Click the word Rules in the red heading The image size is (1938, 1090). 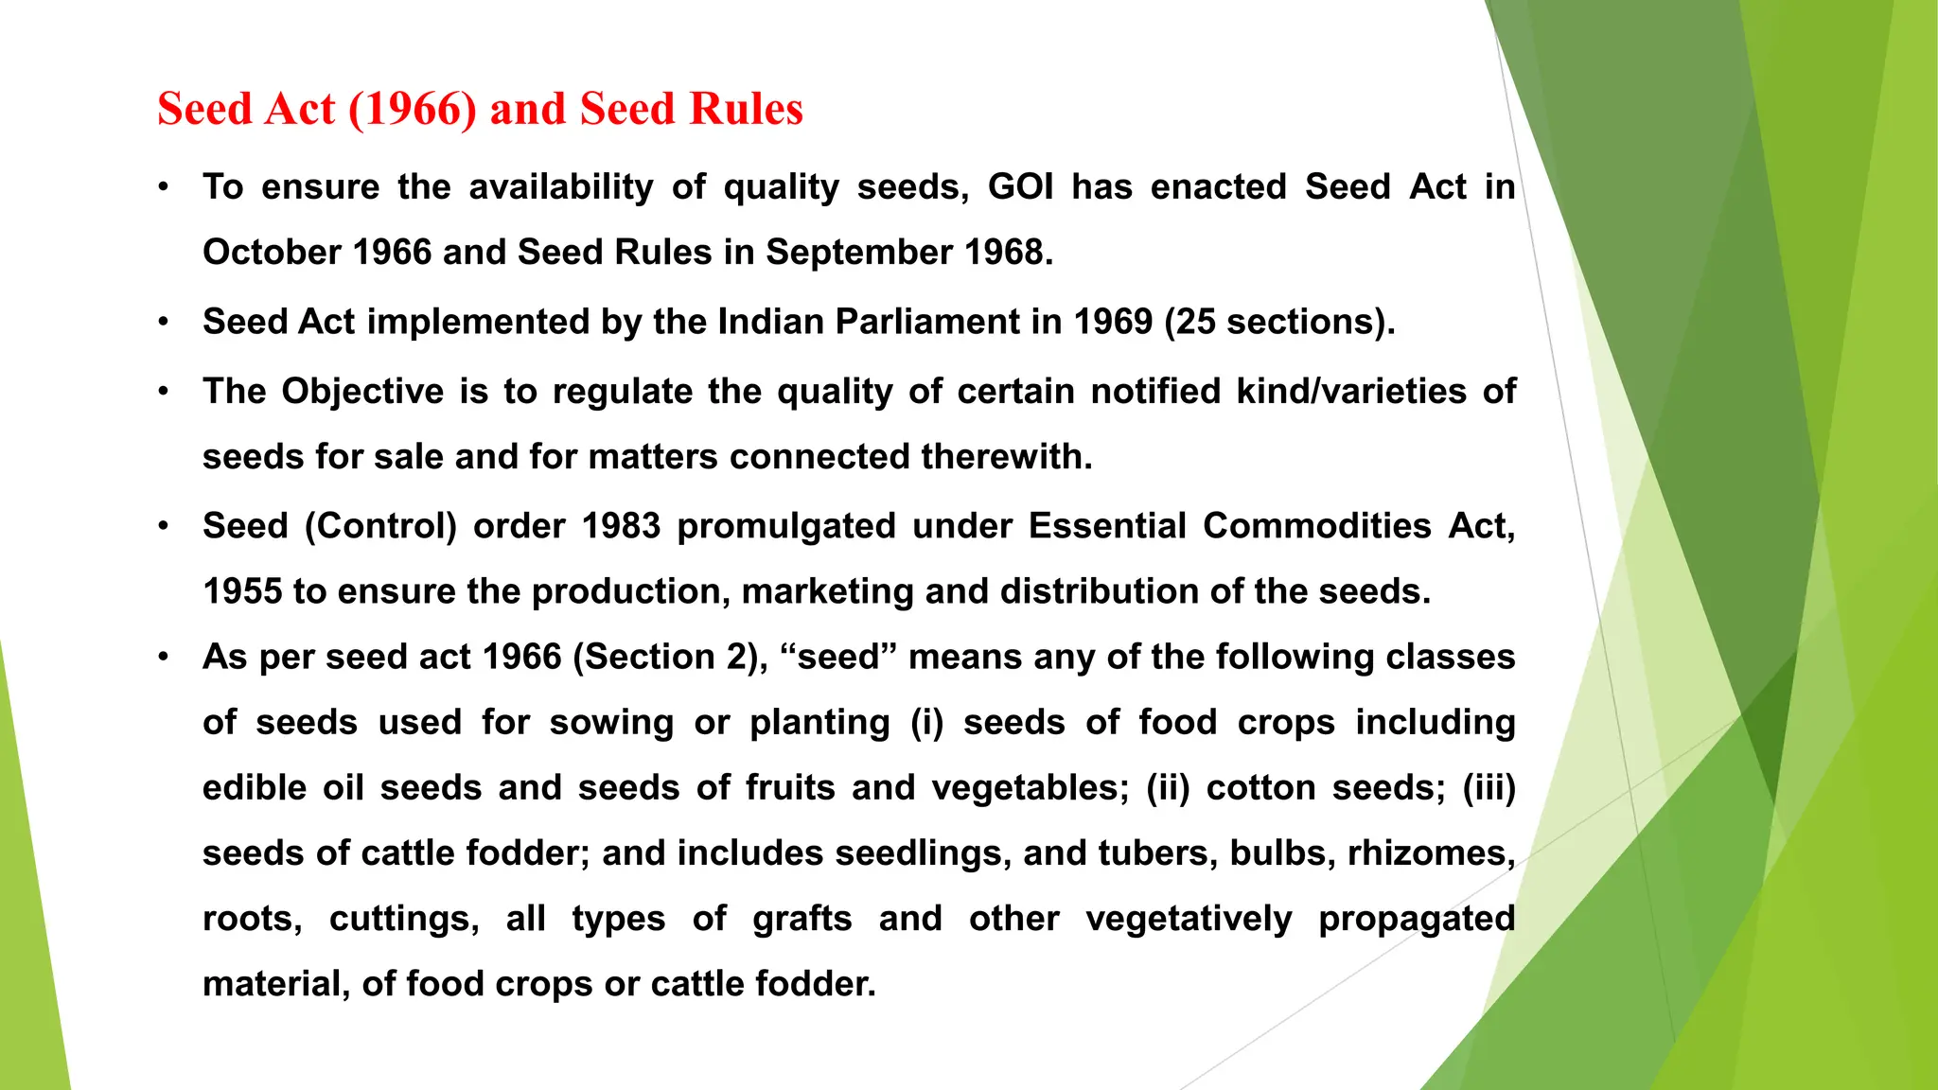click(746, 109)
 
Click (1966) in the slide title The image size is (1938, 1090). click(412, 109)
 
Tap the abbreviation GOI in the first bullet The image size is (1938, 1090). click(1020, 187)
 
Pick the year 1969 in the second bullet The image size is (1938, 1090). click(1113, 322)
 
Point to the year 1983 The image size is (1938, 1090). click(621, 526)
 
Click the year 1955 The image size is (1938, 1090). click(242, 591)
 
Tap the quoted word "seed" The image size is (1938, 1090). click(838, 657)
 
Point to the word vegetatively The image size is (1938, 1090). click(1189, 919)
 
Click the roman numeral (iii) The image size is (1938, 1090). click(1489, 788)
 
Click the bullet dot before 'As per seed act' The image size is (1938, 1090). click(164, 657)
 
